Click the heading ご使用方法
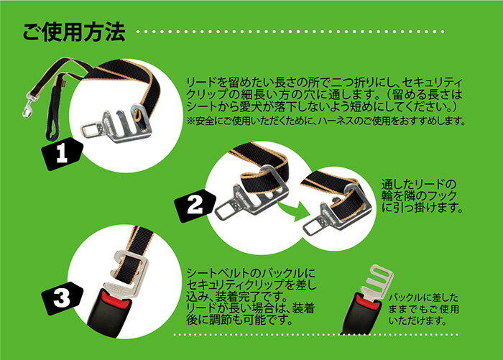tap(74, 32)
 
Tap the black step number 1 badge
tap(63, 153)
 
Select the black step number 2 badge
tap(195, 206)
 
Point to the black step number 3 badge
tap(63, 298)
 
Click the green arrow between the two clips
tap(293, 210)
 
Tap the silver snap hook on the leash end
tap(29, 103)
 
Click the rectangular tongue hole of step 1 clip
tap(90, 129)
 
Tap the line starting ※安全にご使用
tap(326, 121)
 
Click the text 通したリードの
tap(419, 185)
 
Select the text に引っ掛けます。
tap(423, 208)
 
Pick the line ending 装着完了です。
tap(236, 296)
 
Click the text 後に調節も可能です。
tap(239, 320)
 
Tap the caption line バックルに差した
tap(423, 297)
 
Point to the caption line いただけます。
tap(417, 320)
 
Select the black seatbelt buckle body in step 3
tap(109, 308)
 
